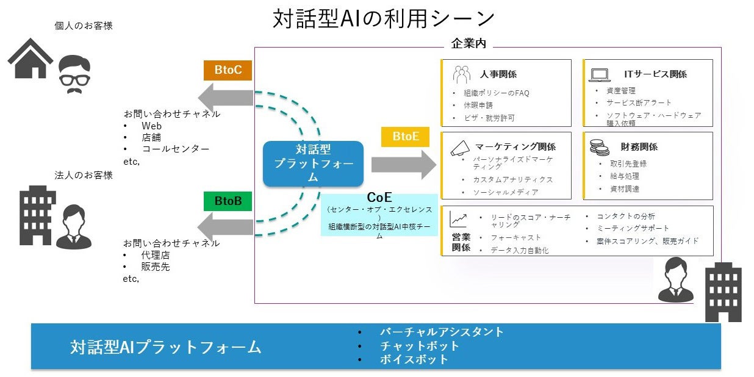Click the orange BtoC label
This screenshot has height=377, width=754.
pyautogui.click(x=228, y=70)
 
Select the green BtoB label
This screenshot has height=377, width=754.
pyautogui.click(x=228, y=201)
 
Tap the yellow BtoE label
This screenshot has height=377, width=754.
pyautogui.click(x=406, y=137)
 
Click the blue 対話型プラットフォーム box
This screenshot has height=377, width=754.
pyautogui.click(x=313, y=163)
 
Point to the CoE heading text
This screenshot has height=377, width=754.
pyautogui.click(x=379, y=198)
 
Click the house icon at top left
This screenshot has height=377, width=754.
pyautogui.click(x=30, y=59)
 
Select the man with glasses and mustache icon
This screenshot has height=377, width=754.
pyautogui.click(x=74, y=74)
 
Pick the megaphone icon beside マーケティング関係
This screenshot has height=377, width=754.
pyautogui.click(x=460, y=147)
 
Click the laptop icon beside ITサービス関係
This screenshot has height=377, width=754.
pyautogui.click(x=599, y=74)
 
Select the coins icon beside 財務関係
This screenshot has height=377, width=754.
pyautogui.click(x=599, y=147)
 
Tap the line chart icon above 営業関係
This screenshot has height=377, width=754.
pyautogui.click(x=458, y=219)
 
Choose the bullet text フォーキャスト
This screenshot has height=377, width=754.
pyautogui.click(x=515, y=237)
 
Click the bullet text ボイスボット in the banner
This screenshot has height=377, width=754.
pyautogui.click(x=414, y=359)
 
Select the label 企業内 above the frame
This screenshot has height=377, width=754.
pyautogui.click(x=468, y=44)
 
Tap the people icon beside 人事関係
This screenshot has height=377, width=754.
pyautogui.click(x=461, y=74)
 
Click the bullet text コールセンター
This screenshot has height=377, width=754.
pyautogui.click(x=175, y=149)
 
